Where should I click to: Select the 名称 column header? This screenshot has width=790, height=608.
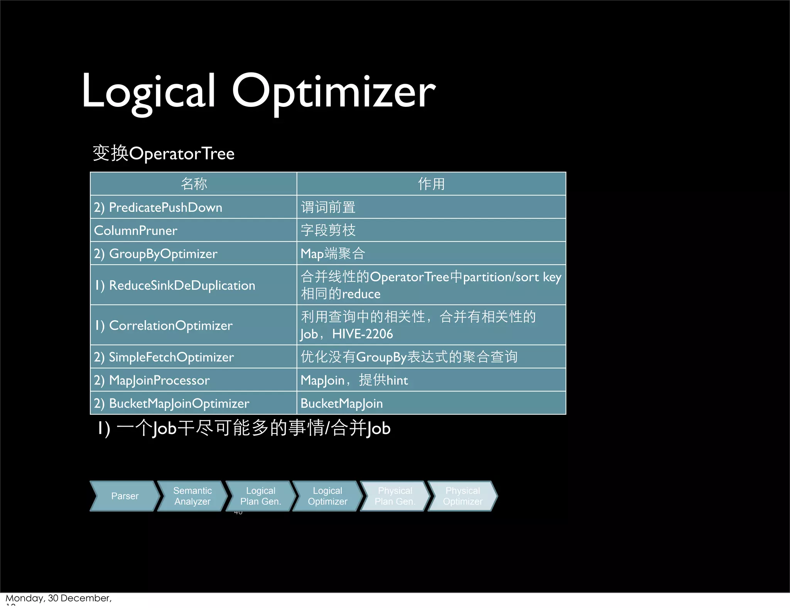point(194,184)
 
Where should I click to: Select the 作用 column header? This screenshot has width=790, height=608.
point(431,184)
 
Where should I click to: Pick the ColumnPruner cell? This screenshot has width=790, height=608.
point(136,230)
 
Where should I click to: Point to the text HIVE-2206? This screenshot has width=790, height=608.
point(363,334)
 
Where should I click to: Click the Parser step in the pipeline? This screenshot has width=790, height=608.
point(125,496)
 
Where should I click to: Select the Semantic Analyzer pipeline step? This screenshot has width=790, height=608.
point(192,496)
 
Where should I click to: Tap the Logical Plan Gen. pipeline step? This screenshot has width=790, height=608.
point(260,496)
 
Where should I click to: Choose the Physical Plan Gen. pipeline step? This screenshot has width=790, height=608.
point(395,496)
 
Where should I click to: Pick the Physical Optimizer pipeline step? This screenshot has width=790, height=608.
point(463,496)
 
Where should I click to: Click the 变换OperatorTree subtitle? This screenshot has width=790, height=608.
point(164,154)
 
